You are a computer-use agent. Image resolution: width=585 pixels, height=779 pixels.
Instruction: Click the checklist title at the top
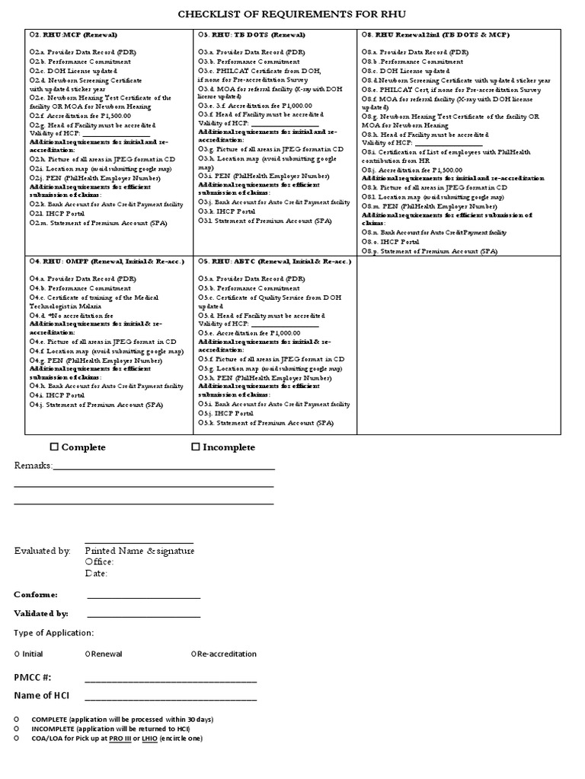tap(293, 14)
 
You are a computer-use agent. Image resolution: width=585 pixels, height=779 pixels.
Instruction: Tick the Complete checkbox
tap(54, 447)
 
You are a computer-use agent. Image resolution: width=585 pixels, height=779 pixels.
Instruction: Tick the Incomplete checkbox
tap(195, 447)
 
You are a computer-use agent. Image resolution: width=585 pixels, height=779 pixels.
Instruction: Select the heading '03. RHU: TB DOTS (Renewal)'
tap(252, 35)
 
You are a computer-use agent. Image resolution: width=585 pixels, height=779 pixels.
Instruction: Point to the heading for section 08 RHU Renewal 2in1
tap(436, 35)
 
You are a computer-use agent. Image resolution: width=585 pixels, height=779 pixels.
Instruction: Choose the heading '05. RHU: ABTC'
tap(275, 262)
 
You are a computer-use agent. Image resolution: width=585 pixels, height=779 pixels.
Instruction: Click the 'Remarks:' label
tap(33, 466)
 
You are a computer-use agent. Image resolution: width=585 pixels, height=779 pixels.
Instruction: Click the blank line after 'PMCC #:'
tap(171, 680)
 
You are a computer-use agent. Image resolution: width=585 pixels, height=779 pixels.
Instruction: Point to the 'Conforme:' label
tap(36, 594)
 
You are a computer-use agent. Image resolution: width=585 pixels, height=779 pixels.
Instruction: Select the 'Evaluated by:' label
tap(42, 551)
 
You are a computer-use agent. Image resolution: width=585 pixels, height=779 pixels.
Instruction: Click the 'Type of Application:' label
tap(54, 633)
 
